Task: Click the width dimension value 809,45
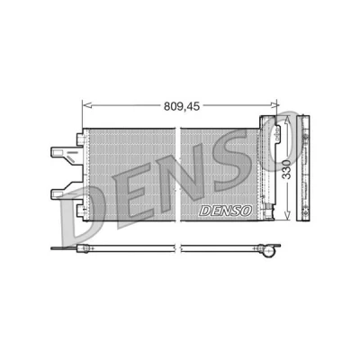[x=182, y=106]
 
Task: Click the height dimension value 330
[x=287, y=169]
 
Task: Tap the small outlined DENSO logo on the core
[x=225, y=211]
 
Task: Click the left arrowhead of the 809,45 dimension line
[x=86, y=105]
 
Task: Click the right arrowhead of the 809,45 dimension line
[x=274, y=104]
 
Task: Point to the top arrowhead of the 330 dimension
[x=287, y=120]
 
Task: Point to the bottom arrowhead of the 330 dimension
[x=287, y=216]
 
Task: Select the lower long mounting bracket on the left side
[x=67, y=191]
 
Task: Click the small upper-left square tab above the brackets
[x=79, y=139]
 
